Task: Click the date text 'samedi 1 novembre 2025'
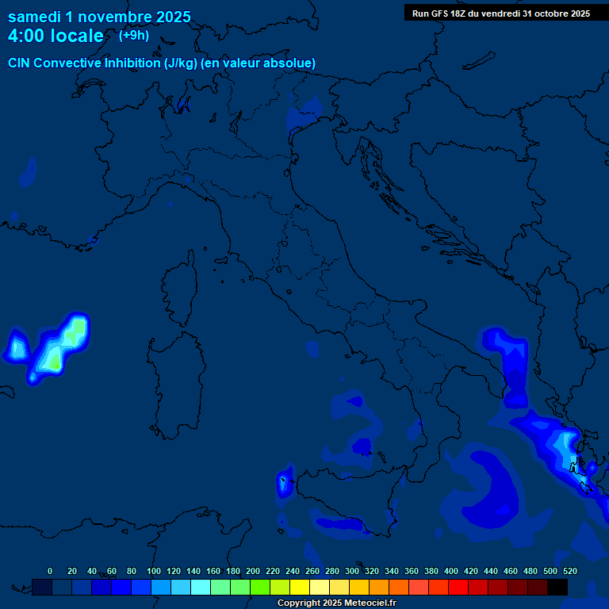99,17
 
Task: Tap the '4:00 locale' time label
56,36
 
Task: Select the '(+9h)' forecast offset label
133,35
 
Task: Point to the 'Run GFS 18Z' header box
500,13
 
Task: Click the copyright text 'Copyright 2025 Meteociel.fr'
336,603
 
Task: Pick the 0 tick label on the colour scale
50,571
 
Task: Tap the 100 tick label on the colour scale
153,571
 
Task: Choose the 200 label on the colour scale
252,571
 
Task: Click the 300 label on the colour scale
351,571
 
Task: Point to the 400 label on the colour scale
450,571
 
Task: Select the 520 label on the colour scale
569,571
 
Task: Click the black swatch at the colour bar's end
557,587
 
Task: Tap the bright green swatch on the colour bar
260,587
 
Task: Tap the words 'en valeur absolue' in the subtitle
262,63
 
